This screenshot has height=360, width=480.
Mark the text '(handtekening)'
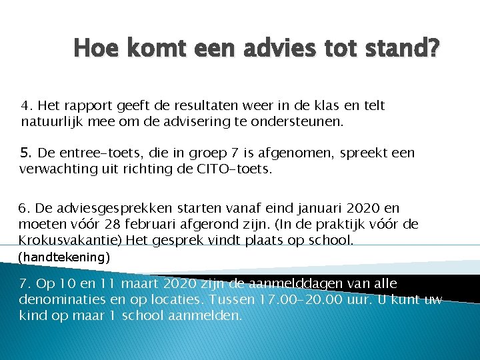coord(64,256)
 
